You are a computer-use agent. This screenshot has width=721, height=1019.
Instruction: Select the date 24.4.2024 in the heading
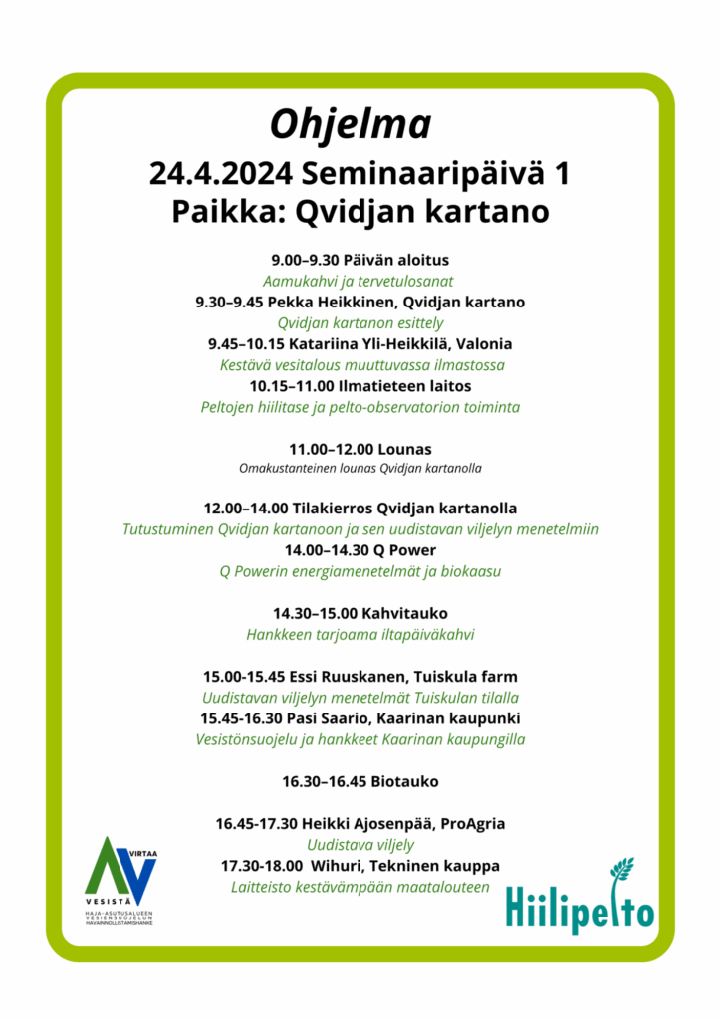[220, 174]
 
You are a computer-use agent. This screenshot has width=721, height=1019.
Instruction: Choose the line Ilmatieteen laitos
[402, 385]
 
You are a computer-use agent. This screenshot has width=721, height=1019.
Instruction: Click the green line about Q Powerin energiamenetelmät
[360, 572]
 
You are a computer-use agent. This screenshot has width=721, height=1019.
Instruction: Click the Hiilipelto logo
[580, 899]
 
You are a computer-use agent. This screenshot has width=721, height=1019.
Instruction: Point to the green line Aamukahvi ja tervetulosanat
[360, 281]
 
